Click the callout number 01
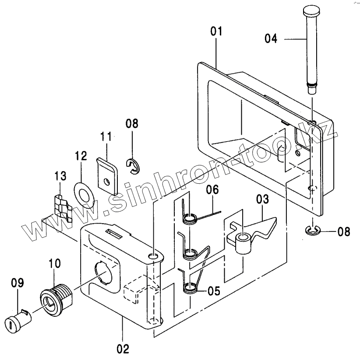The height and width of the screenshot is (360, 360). tap(216, 31)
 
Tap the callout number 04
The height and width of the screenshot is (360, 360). tap(271, 38)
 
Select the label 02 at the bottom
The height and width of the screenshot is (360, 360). tap(123, 349)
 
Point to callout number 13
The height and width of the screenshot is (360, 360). tap(60, 176)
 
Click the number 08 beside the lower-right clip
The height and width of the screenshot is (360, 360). tap(344, 232)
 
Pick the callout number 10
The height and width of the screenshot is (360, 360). tap(54, 263)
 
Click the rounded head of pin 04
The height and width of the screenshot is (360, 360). tap(311, 10)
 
